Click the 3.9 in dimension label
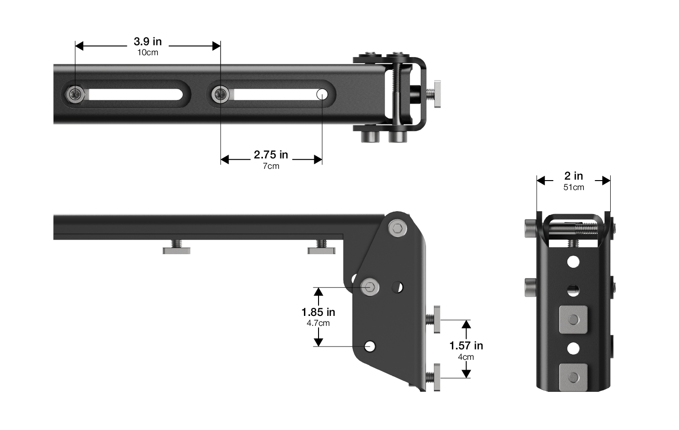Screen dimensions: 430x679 click(x=147, y=41)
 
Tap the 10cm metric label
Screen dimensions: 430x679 click(x=147, y=52)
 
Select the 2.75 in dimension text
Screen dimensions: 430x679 click(x=271, y=155)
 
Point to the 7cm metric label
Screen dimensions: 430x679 click(x=271, y=166)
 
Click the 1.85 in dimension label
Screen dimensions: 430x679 click(x=318, y=312)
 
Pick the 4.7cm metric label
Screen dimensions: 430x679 click(x=318, y=323)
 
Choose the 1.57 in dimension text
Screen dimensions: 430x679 click(x=466, y=346)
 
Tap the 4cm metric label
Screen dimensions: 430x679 click(x=466, y=357)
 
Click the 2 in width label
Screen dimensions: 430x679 click(x=573, y=176)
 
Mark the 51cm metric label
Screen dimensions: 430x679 click(x=573, y=187)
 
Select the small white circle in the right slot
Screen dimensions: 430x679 click(x=322, y=94)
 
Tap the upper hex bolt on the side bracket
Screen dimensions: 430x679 click(x=397, y=229)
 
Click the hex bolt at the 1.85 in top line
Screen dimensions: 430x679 click(x=370, y=287)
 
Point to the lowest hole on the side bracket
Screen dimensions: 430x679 click(x=370, y=347)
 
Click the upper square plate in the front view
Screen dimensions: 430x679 click(x=573, y=320)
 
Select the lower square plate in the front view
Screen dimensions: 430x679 click(x=573, y=377)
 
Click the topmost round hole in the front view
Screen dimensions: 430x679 click(x=573, y=262)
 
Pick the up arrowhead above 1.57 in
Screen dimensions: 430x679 click(x=466, y=324)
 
